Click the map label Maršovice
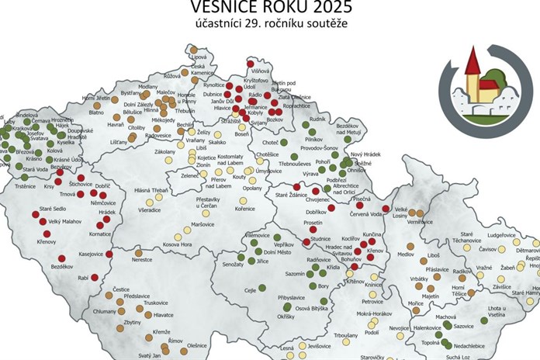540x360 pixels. pyautogui.click(x=202, y=224)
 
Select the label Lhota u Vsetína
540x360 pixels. pyautogui.click(x=497, y=314)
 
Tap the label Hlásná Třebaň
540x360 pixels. pyautogui.click(x=152, y=190)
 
